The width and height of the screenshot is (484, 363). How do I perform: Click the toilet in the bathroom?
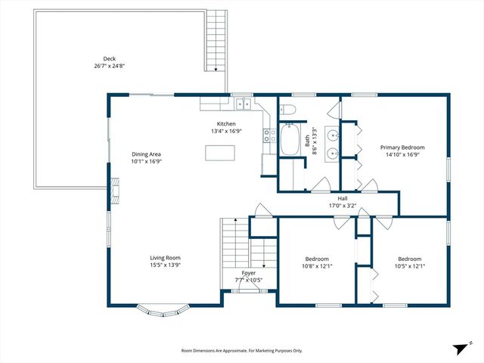288,110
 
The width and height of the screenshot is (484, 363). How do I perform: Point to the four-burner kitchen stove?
268,136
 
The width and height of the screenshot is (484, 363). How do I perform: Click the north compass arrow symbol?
460,349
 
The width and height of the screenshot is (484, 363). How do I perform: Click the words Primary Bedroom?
402,147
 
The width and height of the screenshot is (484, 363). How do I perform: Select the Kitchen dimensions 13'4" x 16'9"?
227,131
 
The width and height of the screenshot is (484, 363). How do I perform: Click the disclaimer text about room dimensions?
241,351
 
